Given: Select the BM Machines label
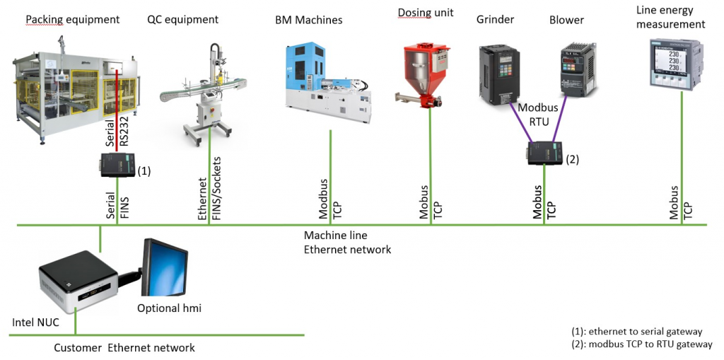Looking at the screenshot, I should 308,21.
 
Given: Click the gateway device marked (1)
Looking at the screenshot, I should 117,168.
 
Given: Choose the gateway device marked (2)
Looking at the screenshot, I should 544,153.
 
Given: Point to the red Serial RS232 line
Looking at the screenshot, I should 116,106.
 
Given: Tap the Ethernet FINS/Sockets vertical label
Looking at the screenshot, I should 210,190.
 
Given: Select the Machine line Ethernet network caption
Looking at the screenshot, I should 347,242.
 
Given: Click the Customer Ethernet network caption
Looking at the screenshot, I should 124,347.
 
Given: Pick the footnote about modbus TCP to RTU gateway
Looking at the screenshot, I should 641,344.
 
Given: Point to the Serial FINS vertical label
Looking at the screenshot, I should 117,209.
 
